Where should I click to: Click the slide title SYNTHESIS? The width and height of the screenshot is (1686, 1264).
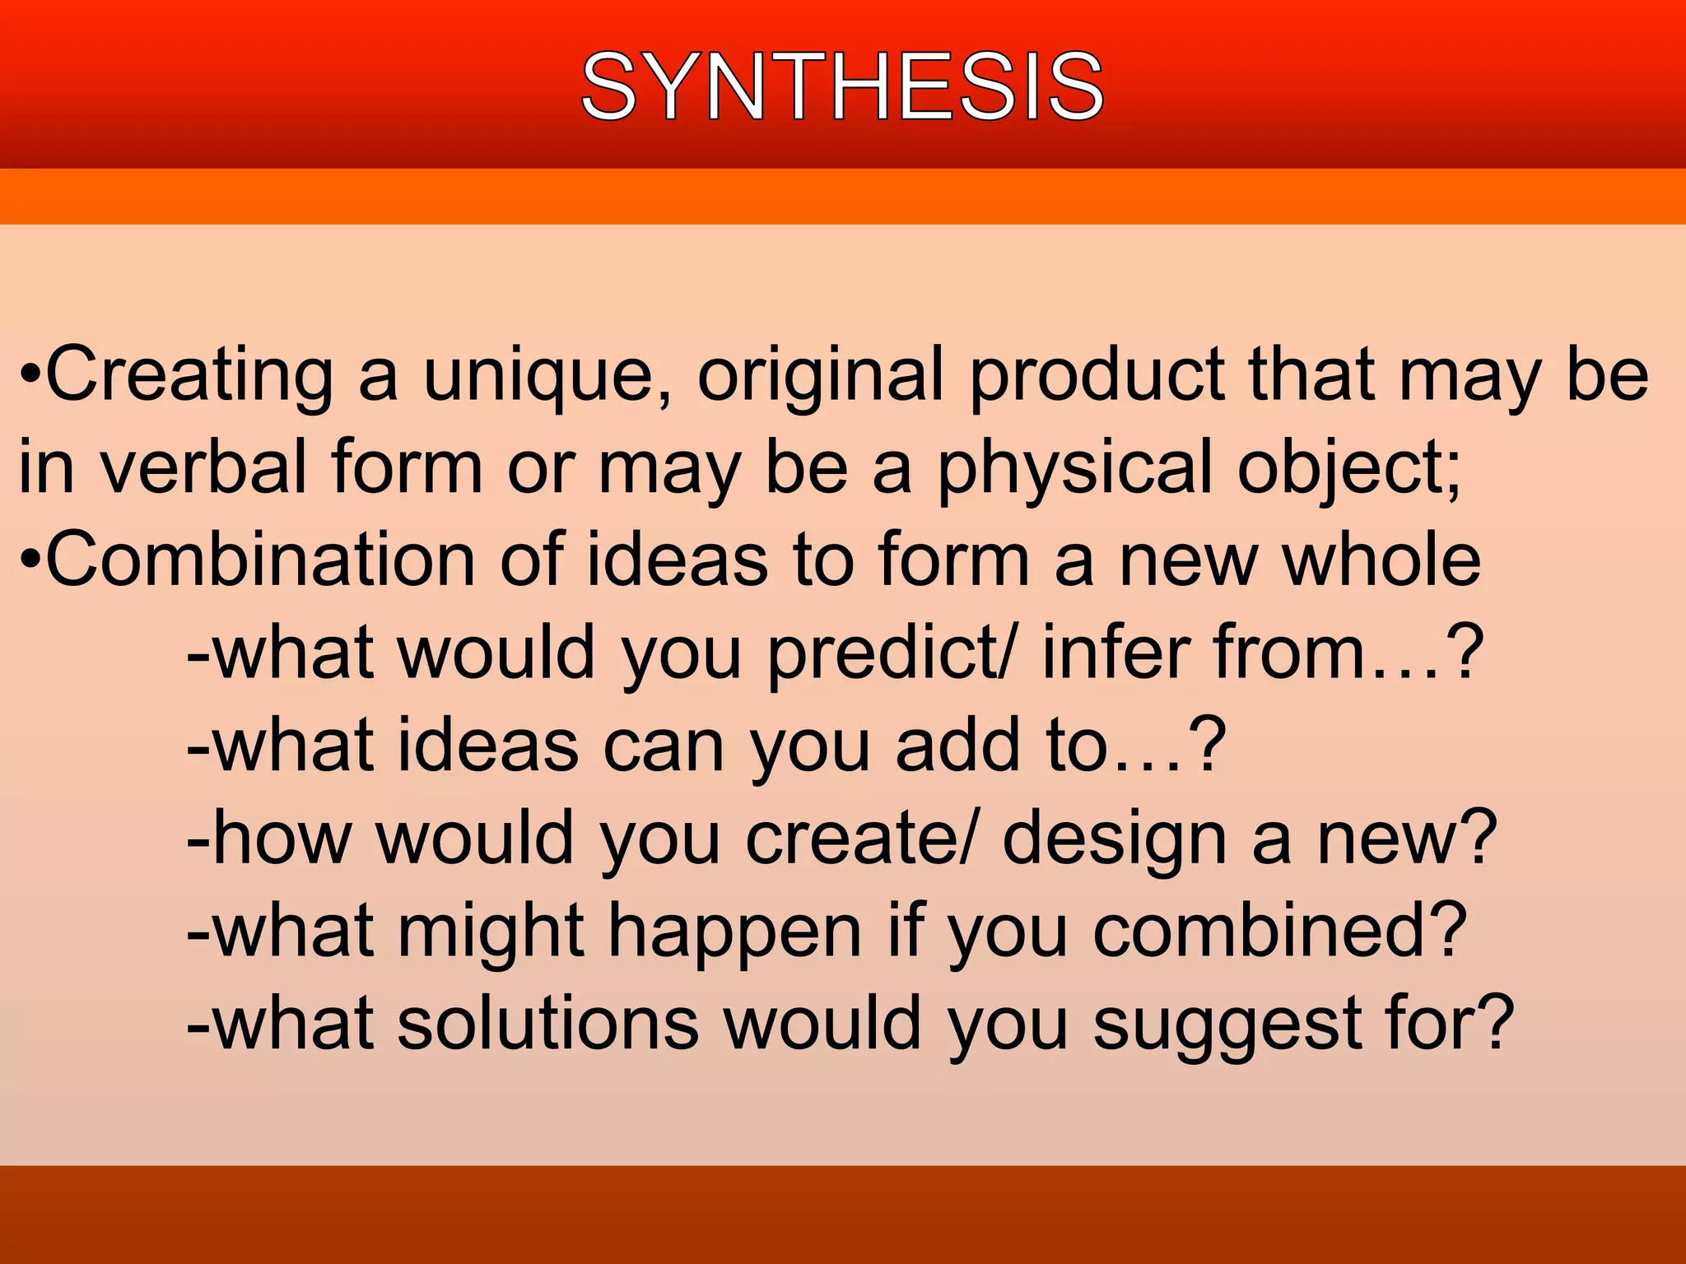point(842,86)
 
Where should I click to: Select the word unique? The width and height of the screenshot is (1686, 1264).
point(547,375)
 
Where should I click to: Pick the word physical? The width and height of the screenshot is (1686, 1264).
point(1075,467)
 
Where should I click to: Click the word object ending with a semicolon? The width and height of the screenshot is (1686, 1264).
point(1350,467)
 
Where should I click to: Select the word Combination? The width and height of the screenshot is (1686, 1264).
point(260,560)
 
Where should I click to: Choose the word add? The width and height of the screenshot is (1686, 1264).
point(958,745)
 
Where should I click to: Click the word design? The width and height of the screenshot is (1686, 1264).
point(1115,838)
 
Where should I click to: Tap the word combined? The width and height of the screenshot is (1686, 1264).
point(1280,931)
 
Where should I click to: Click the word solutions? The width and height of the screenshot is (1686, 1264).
point(547,1023)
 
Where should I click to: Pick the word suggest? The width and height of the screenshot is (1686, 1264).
point(1227,1023)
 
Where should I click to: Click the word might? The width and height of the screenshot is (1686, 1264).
point(491,931)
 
